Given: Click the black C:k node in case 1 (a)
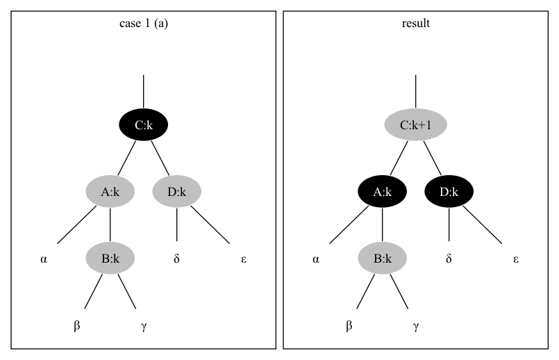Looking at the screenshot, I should (143, 126).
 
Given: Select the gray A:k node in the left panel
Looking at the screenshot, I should (110, 193).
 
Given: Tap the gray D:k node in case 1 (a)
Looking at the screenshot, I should (176, 193).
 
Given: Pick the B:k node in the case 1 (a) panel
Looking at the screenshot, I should (110, 259).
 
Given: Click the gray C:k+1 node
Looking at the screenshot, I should (415, 126).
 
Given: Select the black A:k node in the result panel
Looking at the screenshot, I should (383, 193).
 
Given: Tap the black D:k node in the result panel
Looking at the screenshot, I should (449, 193).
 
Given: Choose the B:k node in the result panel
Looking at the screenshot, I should (383, 259).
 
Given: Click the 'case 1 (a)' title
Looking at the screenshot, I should (144, 23).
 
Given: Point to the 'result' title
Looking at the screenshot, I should (416, 23).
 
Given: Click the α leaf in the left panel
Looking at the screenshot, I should (43, 259).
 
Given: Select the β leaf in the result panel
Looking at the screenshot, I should (349, 326).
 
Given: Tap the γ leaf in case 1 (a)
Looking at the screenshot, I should (143, 326).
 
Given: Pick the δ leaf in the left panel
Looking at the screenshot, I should (176, 259).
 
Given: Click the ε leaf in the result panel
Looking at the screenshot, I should (515, 259).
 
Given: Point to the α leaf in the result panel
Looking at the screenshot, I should (315, 259).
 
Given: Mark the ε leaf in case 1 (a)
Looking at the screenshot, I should (243, 259).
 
